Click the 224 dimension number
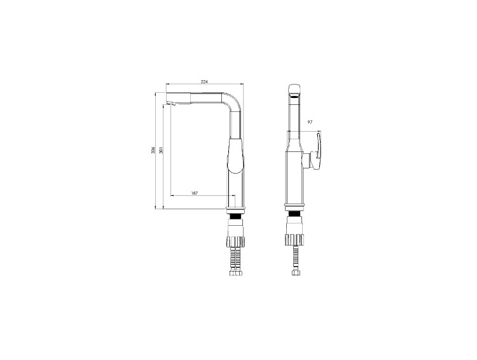[x=204, y=81]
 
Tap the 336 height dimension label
[x=153, y=149]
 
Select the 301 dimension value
[x=161, y=149]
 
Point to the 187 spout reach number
[x=195, y=193]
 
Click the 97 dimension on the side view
[x=310, y=122]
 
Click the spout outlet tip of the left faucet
[x=171, y=105]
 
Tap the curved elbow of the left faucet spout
[x=233, y=100]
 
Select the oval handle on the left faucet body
[x=236, y=156]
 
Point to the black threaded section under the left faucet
[x=235, y=216]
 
